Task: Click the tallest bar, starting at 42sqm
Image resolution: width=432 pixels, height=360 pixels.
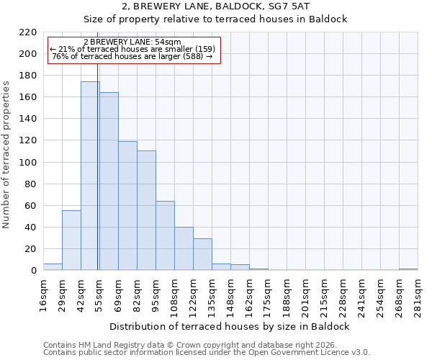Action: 90,176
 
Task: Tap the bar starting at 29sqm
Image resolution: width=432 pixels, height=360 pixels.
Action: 71,240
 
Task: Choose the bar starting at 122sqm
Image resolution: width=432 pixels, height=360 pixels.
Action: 202,254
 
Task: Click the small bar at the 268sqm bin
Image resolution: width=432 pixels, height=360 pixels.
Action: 408,269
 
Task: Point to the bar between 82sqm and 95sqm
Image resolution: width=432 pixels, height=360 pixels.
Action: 146,210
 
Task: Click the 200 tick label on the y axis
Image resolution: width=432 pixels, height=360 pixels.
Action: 28,54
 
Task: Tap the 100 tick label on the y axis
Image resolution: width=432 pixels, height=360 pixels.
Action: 28,162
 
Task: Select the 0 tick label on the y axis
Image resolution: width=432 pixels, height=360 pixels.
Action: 33,271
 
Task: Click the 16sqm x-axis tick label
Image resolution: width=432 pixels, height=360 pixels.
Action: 44,294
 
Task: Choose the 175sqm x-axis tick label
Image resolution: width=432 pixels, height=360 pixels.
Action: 269,294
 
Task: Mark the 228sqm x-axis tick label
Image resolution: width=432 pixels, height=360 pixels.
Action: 343,294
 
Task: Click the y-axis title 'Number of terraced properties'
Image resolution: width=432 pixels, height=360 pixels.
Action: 7,155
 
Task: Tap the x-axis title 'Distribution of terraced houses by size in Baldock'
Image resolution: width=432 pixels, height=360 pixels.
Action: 230,326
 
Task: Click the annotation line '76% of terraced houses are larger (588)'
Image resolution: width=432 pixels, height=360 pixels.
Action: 132,56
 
